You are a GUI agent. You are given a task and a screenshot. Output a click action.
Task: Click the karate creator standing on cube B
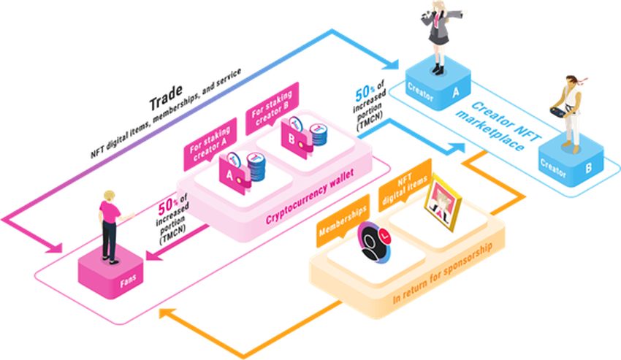(571, 110)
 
